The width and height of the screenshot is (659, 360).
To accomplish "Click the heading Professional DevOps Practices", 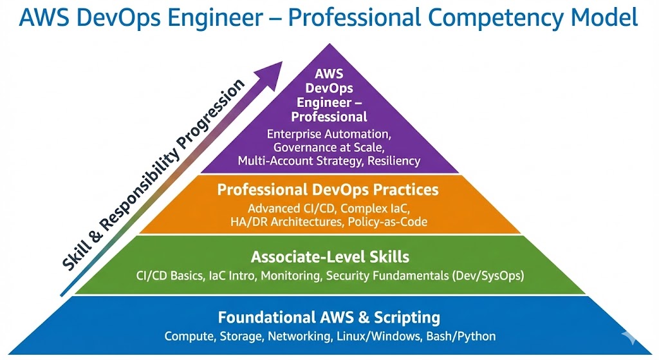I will (328, 190).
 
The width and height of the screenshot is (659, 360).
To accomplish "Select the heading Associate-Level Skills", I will (329, 257).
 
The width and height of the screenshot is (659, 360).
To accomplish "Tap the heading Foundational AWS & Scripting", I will (329, 317).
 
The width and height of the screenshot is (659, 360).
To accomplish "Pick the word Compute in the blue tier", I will (187, 336).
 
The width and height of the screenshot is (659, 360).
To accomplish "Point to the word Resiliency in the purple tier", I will (394, 161).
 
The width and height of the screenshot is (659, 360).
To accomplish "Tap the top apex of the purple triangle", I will (329, 44).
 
